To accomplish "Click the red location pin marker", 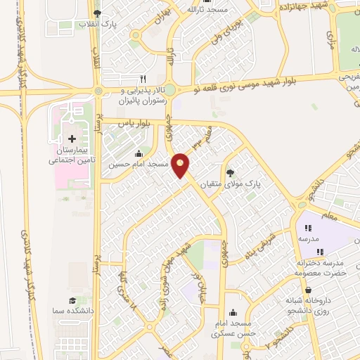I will (181, 165).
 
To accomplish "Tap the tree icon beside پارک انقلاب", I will (98, 13).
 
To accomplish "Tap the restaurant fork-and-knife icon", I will (143, 79).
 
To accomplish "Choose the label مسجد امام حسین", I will (138, 165).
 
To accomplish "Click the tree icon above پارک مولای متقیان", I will (230, 173).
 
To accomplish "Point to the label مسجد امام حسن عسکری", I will (233, 328).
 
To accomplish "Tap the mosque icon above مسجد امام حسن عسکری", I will (233, 314).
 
